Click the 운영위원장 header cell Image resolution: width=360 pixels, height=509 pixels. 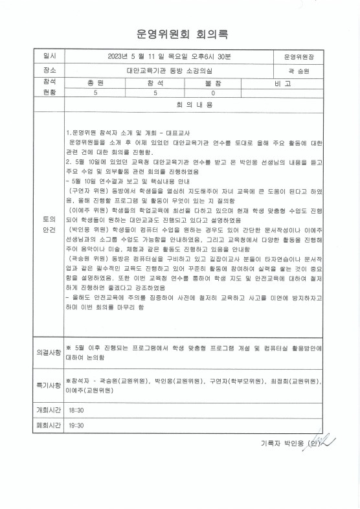298,56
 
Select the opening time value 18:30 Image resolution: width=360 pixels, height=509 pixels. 76,411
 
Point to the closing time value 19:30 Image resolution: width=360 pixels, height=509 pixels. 76,426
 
